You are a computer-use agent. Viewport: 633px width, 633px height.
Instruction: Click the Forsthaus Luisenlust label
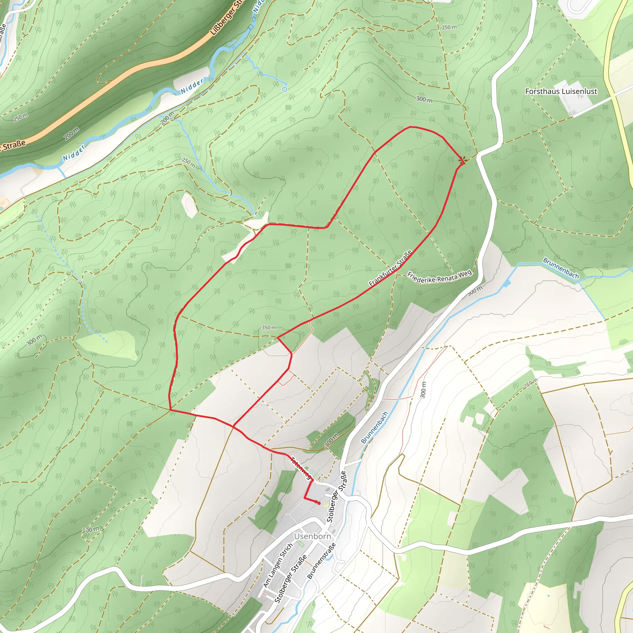click(x=561, y=91)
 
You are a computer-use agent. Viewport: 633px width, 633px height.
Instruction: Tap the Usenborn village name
click(x=312, y=536)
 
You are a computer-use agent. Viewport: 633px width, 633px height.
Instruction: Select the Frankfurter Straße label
click(x=390, y=268)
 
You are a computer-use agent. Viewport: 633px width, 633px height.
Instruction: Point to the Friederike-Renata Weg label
click(x=439, y=277)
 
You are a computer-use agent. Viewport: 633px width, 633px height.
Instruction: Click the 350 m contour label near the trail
click(x=269, y=328)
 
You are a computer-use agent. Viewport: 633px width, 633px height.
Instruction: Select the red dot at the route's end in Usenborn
click(x=318, y=503)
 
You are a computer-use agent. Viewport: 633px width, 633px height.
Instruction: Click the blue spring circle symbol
click(x=285, y=89)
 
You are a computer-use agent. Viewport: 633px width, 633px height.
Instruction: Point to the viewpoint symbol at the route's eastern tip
click(x=463, y=160)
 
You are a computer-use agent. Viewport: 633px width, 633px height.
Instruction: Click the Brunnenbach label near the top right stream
click(x=561, y=268)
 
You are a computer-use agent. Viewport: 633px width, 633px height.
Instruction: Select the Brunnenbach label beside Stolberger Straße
click(x=374, y=427)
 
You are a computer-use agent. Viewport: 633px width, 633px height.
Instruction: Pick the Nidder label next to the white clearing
click(x=192, y=86)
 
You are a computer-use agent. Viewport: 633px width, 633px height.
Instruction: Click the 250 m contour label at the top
click(x=449, y=27)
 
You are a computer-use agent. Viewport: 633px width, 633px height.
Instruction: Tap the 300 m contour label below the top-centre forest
click(x=424, y=99)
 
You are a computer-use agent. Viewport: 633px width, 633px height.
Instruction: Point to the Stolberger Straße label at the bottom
click(x=290, y=579)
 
